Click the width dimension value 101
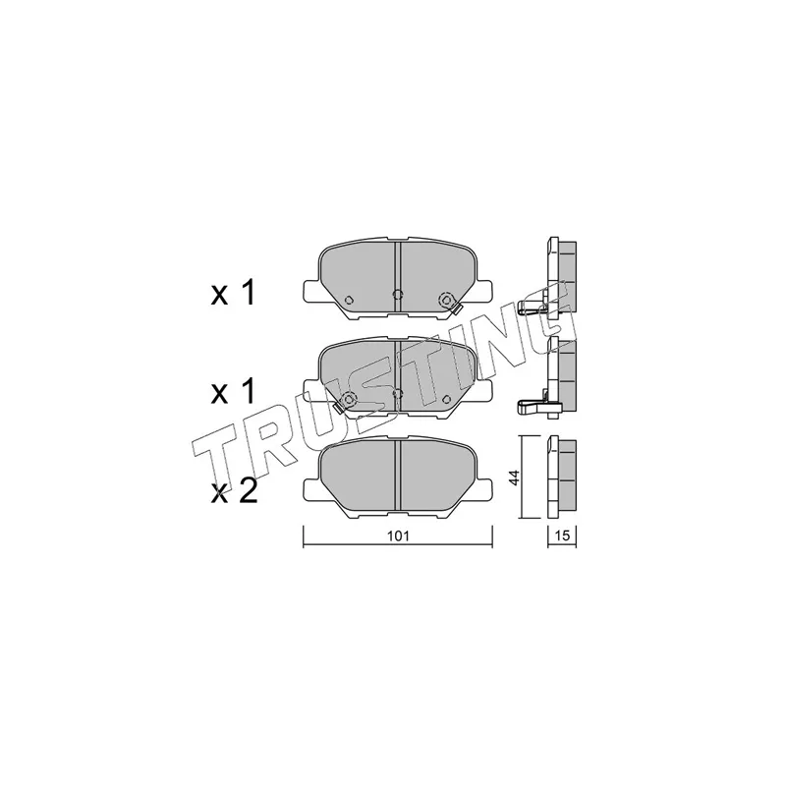coord(399,535)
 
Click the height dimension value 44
coord(515,477)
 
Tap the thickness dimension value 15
coord(562,535)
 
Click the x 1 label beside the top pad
coord(233,293)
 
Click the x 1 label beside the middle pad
coord(233,392)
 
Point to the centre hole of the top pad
coord(398,294)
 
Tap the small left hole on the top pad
coord(350,300)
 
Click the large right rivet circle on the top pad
coord(445,300)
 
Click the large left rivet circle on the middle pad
coord(348,399)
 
